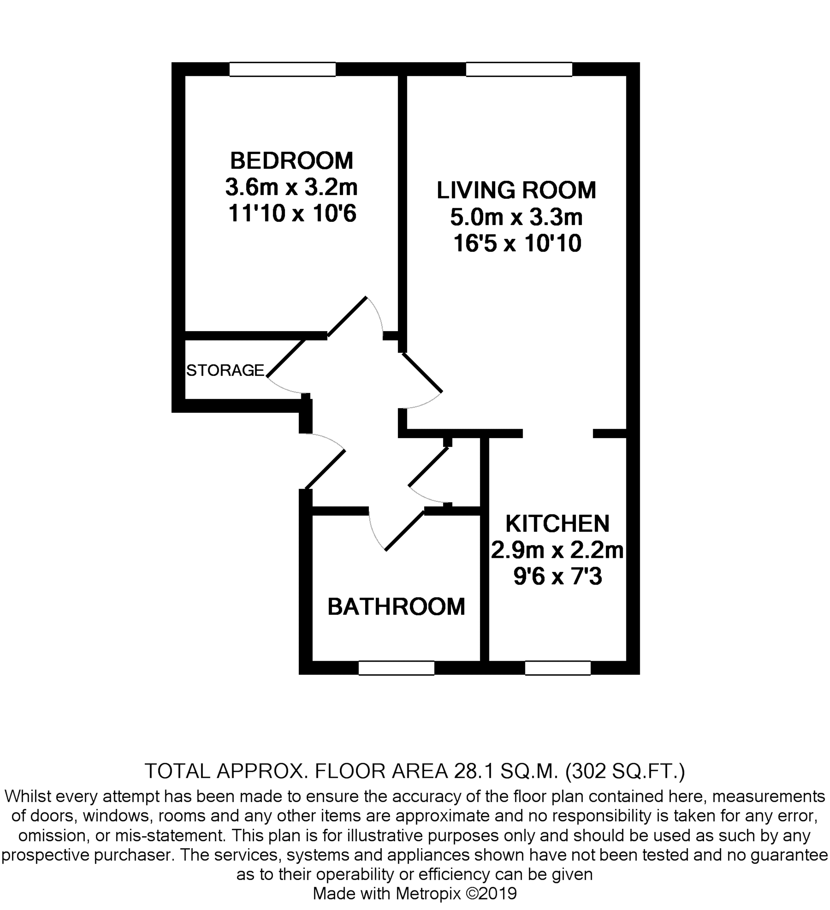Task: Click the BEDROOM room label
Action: pyautogui.click(x=291, y=161)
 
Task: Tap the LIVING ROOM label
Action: pyautogui.click(x=516, y=190)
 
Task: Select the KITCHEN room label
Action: pyautogui.click(x=557, y=523)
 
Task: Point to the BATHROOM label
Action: pyautogui.click(x=396, y=607)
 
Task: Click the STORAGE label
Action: pyautogui.click(x=225, y=370)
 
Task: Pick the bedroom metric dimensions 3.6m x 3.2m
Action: pyautogui.click(x=291, y=187)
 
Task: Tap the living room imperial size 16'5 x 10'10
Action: pyautogui.click(x=517, y=244)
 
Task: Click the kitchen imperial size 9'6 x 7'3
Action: pyautogui.click(x=558, y=577)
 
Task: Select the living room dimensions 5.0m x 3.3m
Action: pyautogui.click(x=516, y=217)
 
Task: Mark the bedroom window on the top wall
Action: pyautogui.click(x=282, y=69)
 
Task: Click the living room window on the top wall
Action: pyautogui.click(x=519, y=69)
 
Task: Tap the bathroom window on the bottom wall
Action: pyautogui.click(x=396, y=668)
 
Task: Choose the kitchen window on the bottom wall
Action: pyautogui.click(x=558, y=668)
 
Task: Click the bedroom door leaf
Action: pyautogui.click(x=346, y=316)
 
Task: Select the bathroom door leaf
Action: pyautogui.click(x=405, y=530)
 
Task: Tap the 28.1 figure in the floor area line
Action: pyautogui.click(x=473, y=771)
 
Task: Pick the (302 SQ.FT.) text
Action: pyautogui.click(x=625, y=771)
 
